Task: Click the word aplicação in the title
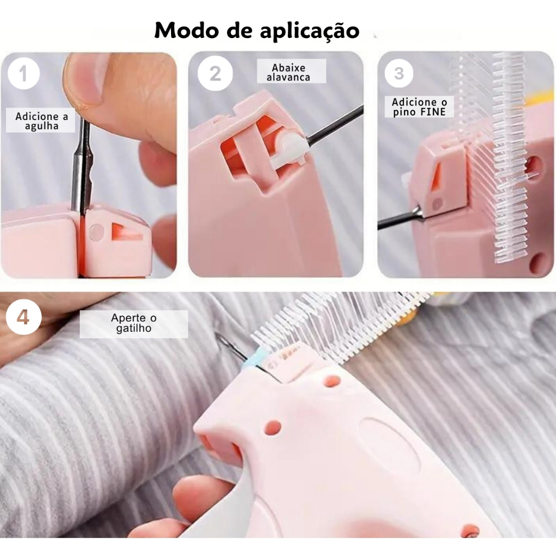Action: pyautogui.click(x=309, y=31)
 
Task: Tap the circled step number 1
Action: pyautogui.click(x=23, y=73)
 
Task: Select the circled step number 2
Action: pyautogui.click(x=215, y=73)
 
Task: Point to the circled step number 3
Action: pyautogui.click(x=399, y=73)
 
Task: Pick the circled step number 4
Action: pyautogui.click(x=23, y=317)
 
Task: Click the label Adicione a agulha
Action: pyautogui.click(x=41, y=121)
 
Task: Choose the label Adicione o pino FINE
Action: pyautogui.click(x=420, y=107)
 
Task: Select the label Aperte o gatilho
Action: pyautogui.click(x=134, y=323)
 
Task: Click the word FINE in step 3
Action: pyautogui.click(x=432, y=112)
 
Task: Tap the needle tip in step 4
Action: pyautogui.click(x=217, y=333)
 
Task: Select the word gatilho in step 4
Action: pyautogui.click(x=134, y=328)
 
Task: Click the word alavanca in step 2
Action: pyautogui.click(x=288, y=77)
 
